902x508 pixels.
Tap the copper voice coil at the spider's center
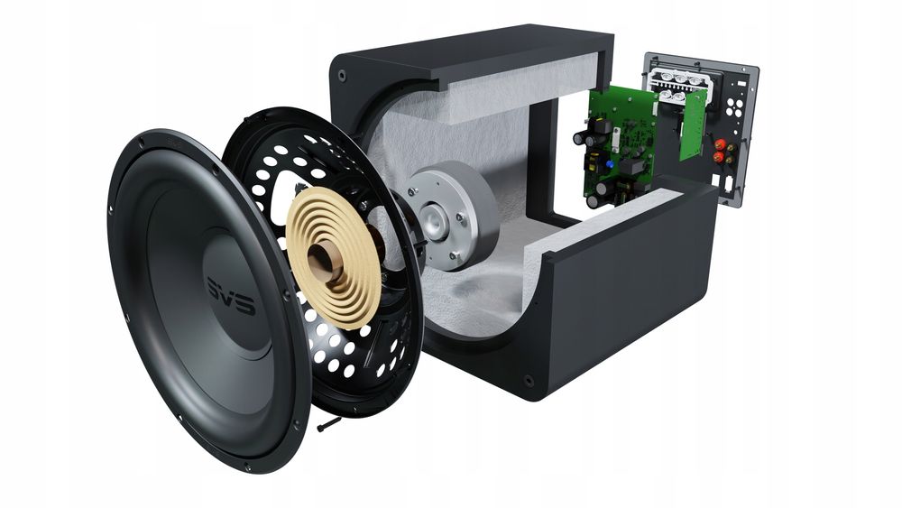(320, 262)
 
